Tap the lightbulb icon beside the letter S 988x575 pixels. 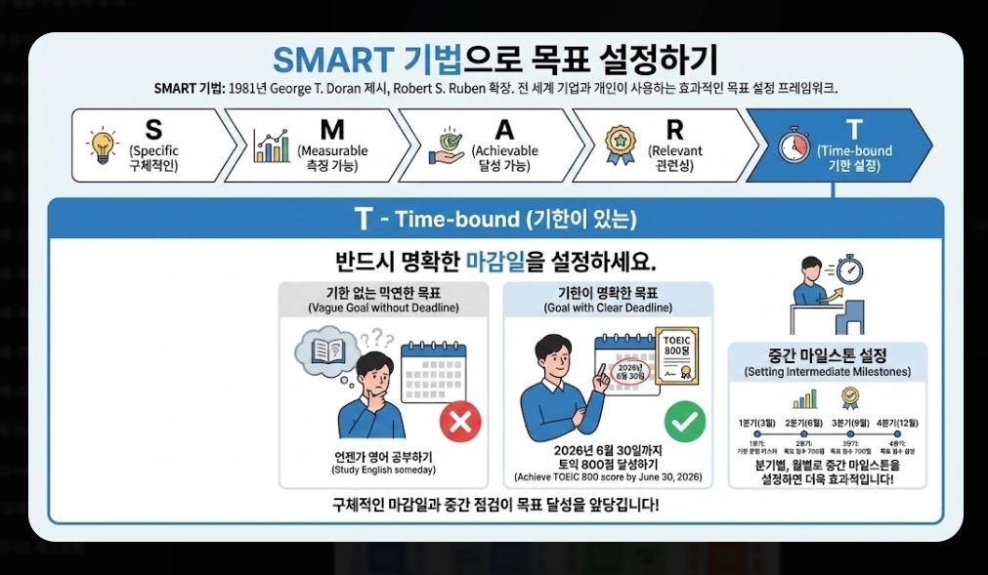(102, 145)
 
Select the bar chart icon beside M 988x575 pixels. (272, 145)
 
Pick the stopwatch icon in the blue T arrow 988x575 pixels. (794, 145)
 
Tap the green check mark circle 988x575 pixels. (685, 422)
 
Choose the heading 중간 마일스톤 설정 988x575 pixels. (828, 354)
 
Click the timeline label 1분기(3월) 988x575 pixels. (759, 423)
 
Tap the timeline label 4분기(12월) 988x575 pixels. (898, 423)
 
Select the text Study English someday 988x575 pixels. (383, 471)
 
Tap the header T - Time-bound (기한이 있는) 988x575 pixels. (495, 220)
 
